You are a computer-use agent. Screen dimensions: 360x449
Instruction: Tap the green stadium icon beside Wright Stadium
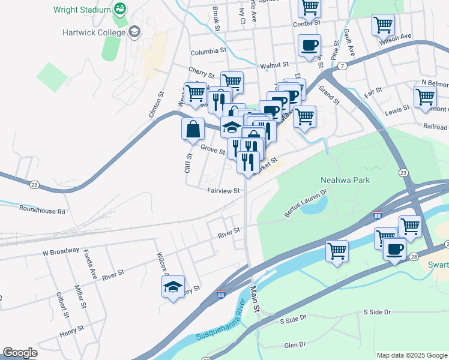(120, 9)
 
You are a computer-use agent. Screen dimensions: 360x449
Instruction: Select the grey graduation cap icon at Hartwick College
(134, 31)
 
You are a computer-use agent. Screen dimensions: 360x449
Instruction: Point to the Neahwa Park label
(345, 180)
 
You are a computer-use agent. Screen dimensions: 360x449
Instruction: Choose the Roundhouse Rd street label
(41, 211)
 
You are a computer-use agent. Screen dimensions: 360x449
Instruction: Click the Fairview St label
(223, 191)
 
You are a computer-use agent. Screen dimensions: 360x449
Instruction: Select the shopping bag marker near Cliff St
(193, 128)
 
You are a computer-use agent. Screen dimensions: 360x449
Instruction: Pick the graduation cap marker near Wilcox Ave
(173, 287)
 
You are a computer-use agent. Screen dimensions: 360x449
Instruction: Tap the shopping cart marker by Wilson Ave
(382, 26)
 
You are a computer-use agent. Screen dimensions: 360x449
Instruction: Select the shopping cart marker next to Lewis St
(424, 97)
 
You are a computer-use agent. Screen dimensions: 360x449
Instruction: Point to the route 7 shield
(341, 65)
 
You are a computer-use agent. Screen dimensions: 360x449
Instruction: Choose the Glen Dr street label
(295, 345)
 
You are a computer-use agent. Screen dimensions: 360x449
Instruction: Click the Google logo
(20, 353)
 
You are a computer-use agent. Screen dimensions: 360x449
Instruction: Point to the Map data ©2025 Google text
(411, 355)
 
